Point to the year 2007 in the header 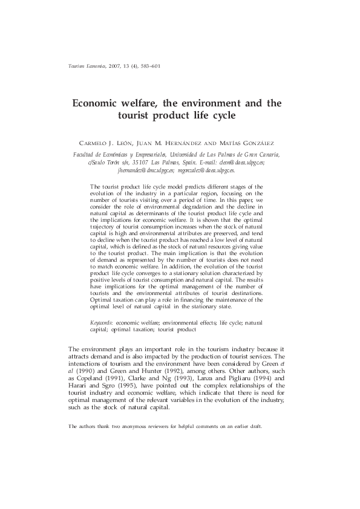(116, 66)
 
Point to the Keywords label (101, 324)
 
